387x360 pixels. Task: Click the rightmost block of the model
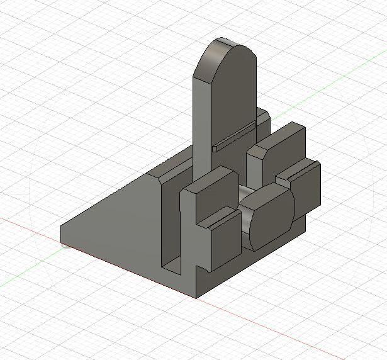pos(306,189)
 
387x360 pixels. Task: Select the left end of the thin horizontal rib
pos(215,149)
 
